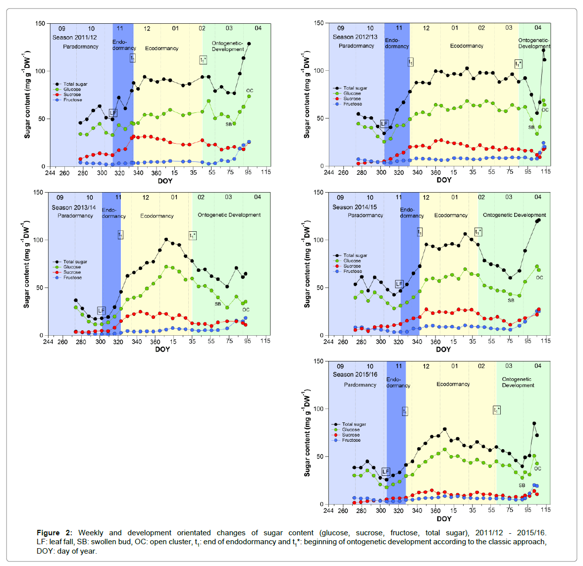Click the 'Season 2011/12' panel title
coord(75,38)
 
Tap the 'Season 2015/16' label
coord(355,374)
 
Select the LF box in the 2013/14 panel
coord(102,310)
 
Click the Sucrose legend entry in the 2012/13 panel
coord(352,99)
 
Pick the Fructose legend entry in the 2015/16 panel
coord(351,440)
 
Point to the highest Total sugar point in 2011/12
coord(249,44)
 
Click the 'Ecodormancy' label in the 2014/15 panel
coord(451,215)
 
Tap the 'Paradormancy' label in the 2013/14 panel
coord(75,216)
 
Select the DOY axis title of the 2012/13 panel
coord(444,180)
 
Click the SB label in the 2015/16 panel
coord(522,485)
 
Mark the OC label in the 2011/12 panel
coord(250,91)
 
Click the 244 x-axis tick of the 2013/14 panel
coord(48,341)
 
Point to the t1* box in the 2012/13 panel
coord(519,64)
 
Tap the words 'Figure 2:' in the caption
coord(54,533)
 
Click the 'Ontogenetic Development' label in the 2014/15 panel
coord(514,215)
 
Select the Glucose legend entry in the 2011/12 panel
coord(72,89)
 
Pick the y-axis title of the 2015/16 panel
coord(307,433)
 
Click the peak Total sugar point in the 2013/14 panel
coord(166,240)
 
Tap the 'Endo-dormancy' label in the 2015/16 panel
coord(398,382)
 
